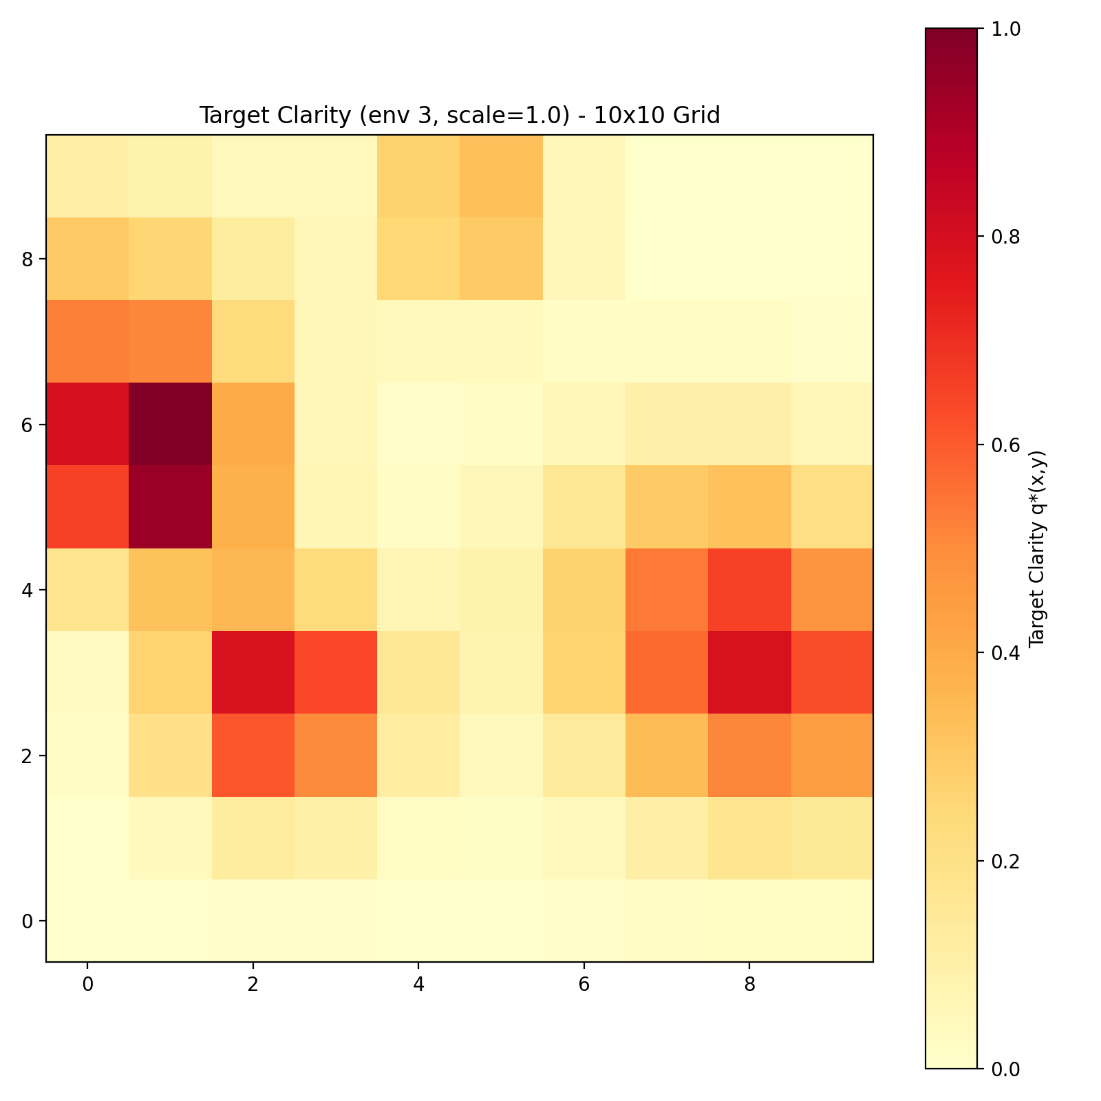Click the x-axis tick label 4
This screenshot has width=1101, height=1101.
click(x=418, y=985)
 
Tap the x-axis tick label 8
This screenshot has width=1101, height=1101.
click(x=749, y=985)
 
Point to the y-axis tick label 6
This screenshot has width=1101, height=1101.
click(x=28, y=425)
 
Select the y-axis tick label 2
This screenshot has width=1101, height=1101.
click(x=28, y=756)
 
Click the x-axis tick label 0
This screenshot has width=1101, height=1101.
click(x=87, y=985)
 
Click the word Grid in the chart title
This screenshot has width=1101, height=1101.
click(x=698, y=116)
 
